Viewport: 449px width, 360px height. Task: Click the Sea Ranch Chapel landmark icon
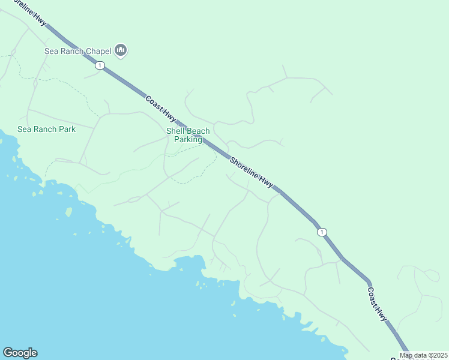click(x=121, y=50)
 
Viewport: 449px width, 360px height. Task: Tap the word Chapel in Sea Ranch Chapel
click(x=99, y=51)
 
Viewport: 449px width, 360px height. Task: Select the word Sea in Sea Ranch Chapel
click(x=52, y=51)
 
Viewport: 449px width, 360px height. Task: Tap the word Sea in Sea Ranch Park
click(x=24, y=129)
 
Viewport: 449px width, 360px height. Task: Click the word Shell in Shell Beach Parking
click(x=176, y=131)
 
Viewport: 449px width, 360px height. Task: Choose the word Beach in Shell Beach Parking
click(x=199, y=131)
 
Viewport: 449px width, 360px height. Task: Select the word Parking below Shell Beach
click(x=188, y=140)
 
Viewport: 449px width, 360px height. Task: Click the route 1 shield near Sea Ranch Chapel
click(x=100, y=65)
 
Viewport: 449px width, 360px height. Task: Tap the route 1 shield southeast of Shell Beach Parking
click(x=322, y=232)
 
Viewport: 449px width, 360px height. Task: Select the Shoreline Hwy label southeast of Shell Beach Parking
click(x=252, y=170)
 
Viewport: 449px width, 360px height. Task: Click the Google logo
click(x=20, y=353)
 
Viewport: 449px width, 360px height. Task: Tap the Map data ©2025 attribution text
click(x=423, y=355)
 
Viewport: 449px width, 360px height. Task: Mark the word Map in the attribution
click(x=406, y=355)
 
